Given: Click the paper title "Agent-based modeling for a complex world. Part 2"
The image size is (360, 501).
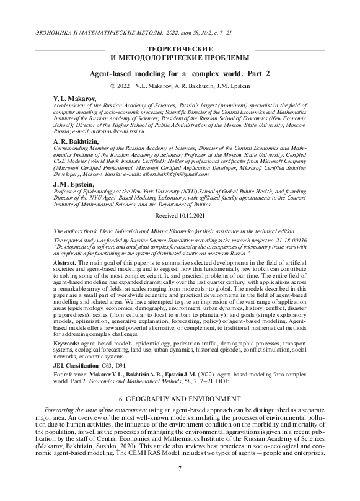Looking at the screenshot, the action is point(180,73).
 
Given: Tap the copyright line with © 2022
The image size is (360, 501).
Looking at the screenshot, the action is point(180,86).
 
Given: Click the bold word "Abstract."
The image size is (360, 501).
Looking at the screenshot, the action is point(58,264).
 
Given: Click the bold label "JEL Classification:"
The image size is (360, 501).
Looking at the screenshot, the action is point(71,367).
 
